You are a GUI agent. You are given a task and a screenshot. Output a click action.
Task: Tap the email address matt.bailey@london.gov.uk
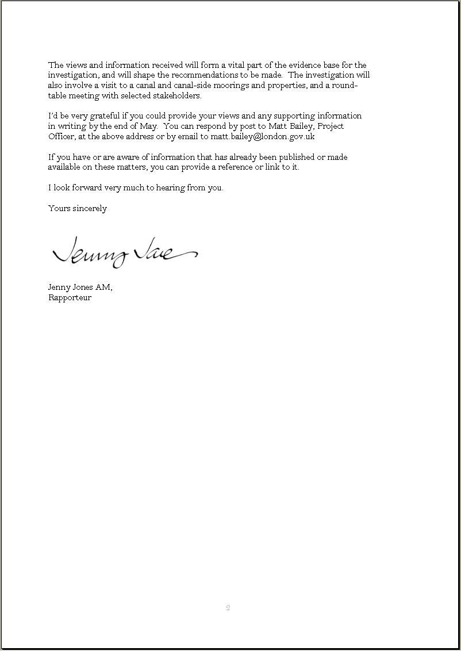pos(263,137)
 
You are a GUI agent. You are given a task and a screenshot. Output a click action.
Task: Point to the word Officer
pos(61,137)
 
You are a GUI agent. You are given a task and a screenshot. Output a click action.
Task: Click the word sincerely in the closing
pos(90,209)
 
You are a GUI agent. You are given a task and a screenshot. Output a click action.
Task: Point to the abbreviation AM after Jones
pos(103,287)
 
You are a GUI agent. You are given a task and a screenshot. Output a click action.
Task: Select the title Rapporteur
pos(70,298)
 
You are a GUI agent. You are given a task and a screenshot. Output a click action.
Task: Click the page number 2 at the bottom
pos(228,608)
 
